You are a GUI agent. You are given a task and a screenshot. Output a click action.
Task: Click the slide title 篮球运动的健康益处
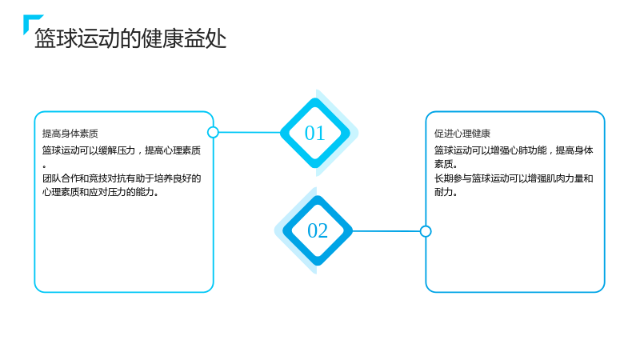coord(130,38)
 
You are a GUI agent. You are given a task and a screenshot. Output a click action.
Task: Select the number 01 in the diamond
coord(314,133)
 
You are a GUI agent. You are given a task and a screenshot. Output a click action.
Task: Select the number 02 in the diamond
coord(318,230)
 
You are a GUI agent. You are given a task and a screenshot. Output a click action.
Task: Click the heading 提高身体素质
coord(70,134)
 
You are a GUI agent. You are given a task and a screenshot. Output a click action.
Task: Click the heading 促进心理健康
coord(462,134)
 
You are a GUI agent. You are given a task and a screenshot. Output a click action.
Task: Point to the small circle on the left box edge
coord(213,132)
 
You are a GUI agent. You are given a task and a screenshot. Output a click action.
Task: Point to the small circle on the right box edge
coord(426,231)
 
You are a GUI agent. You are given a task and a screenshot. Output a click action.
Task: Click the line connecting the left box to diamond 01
coord(250,132)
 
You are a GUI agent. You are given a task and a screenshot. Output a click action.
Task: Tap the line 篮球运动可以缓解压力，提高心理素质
coord(122,150)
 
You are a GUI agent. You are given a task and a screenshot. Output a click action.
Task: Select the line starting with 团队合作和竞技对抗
coord(122,178)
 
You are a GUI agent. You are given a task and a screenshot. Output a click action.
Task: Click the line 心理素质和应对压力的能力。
coord(101,192)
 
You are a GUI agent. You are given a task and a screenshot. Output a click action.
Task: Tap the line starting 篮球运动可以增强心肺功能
coord(514,150)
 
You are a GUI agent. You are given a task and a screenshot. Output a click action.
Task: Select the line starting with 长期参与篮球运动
coord(514,178)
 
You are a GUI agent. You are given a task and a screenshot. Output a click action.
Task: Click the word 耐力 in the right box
coord(443,192)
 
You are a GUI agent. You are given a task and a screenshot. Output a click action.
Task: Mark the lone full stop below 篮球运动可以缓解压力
coord(44,166)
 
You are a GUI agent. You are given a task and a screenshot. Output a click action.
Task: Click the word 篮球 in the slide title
coord(55,38)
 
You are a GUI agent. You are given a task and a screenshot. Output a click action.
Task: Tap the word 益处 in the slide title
coord(205,38)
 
